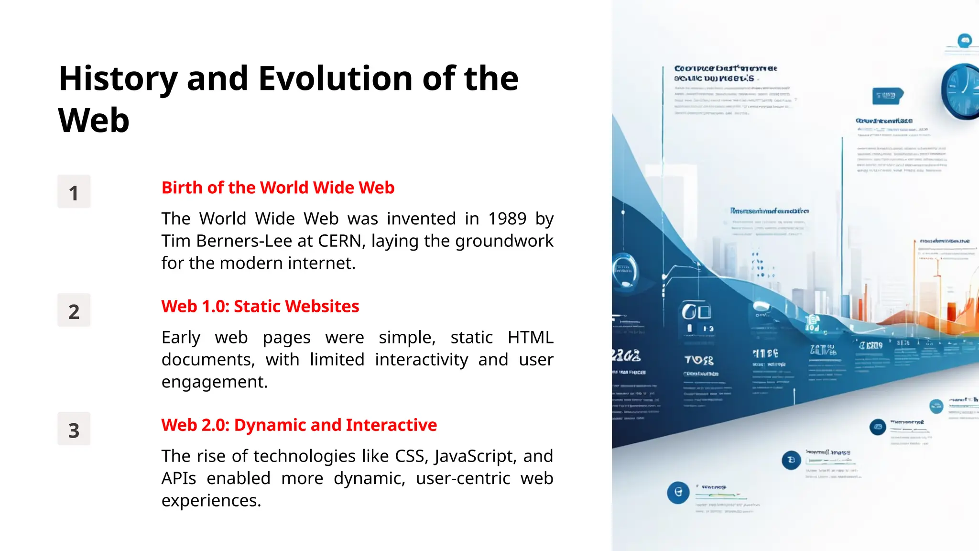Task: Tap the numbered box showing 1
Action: click(x=74, y=192)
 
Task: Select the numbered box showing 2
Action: click(x=74, y=310)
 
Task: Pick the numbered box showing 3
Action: click(x=74, y=429)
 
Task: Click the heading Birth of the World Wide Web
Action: click(x=278, y=187)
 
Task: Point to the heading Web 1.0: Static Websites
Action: click(x=260, y=306)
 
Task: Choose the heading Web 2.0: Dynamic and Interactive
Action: click(x=299, y=425)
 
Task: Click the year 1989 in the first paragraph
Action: click(x=507, y=219)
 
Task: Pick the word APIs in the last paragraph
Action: click(x=179, y=478)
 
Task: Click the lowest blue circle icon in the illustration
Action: click(x=678, y=492)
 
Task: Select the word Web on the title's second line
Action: click(x=94, y=121)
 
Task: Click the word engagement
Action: click(x=214, y=382)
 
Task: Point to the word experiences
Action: click(x=211, y=501)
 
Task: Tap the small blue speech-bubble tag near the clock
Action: click(x=887, y=96)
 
